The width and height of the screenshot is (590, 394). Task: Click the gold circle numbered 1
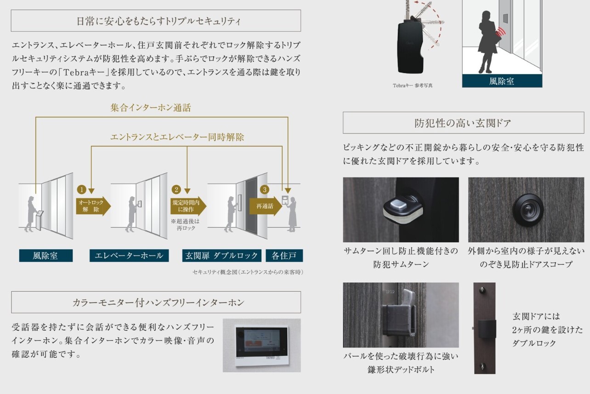(x=82, y=189)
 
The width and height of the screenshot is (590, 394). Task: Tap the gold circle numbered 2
(x=176, y=189)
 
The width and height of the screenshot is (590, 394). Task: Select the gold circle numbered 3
(x=265, y=189)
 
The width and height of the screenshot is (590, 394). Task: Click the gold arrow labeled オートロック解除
(x=93, y=206)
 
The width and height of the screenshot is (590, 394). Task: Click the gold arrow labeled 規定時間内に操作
(x=188, y=206)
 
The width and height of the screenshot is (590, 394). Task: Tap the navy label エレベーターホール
(x=129, y=255)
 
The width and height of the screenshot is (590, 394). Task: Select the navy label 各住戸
(x=284, y=255)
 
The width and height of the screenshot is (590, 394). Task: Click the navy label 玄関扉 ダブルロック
(x=222, y=255)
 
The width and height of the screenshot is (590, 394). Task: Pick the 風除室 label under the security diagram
(x=46, y=255)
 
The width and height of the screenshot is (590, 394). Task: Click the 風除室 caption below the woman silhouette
(x=502, y=81)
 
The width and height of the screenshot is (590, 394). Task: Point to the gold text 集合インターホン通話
(x=151, y=108)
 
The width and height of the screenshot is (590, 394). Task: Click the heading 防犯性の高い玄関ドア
(x=463, y=123)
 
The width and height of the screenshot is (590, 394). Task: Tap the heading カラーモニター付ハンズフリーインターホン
(x=159, y=303)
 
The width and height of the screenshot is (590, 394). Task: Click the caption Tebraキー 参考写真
(x=413, y=86)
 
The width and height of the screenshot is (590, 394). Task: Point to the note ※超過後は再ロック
(x=186, y=224)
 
